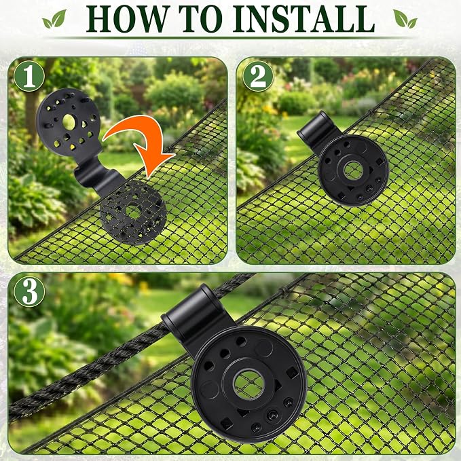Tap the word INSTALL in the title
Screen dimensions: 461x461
pos(303,19)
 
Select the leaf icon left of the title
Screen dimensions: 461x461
pos(54,20)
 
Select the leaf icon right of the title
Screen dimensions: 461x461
pos(405,19)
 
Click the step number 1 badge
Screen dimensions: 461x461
pos(29,77)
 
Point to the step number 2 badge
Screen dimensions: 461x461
pos(258,77)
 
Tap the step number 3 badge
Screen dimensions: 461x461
pos(29,292)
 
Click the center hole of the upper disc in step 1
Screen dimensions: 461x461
pos(69,122)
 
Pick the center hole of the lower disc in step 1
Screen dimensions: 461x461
pos(134,212)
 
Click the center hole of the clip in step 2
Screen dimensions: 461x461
pos(353,170)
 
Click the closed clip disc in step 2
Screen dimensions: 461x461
pos(353,170)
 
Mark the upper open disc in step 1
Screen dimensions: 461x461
pos(69,122)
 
